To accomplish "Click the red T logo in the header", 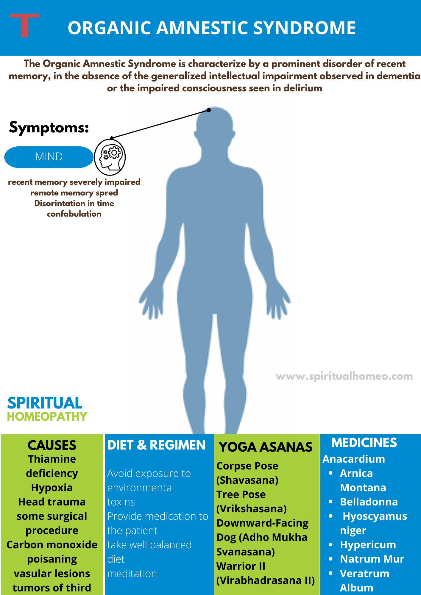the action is [24, 25].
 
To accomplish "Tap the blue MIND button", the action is [49, 157].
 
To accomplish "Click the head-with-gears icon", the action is [110, 157].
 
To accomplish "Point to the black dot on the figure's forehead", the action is [209, 110].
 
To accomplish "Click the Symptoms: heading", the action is [49, 128].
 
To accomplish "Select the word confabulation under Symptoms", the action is [74, 214].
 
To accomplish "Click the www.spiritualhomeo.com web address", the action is [344, 376].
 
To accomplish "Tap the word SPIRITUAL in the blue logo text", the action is [45, 403].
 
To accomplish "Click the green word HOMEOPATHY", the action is [47, 416].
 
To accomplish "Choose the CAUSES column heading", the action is [52, 445].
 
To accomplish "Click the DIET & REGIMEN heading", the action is [156, 445].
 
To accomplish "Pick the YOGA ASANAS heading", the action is [266, 447].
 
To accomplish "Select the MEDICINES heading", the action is [364, 443].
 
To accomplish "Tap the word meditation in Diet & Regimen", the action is [132, 574].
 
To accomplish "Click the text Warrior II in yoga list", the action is [241, 566].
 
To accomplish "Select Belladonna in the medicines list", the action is [369, 502].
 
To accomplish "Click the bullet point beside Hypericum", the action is [330, 544].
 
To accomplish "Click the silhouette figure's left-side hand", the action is [151, 300].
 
